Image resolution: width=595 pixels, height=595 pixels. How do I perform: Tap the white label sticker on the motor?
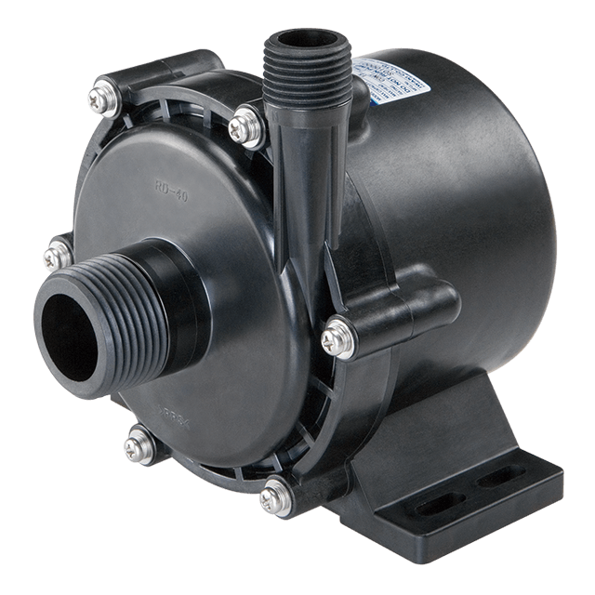(394, 86)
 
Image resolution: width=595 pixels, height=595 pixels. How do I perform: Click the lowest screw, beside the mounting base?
(271, 496)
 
